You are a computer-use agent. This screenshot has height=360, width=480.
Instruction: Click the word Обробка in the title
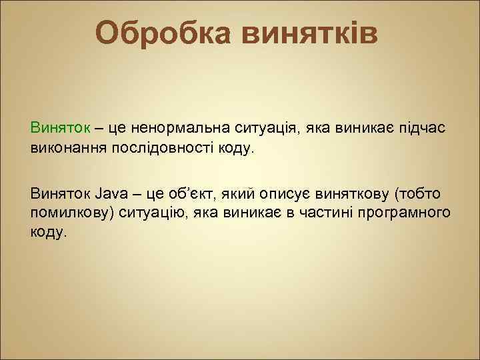point(163,33)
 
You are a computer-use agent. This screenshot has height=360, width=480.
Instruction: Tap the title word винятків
point(309,33)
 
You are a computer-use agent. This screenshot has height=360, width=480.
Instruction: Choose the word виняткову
point(351,194)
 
